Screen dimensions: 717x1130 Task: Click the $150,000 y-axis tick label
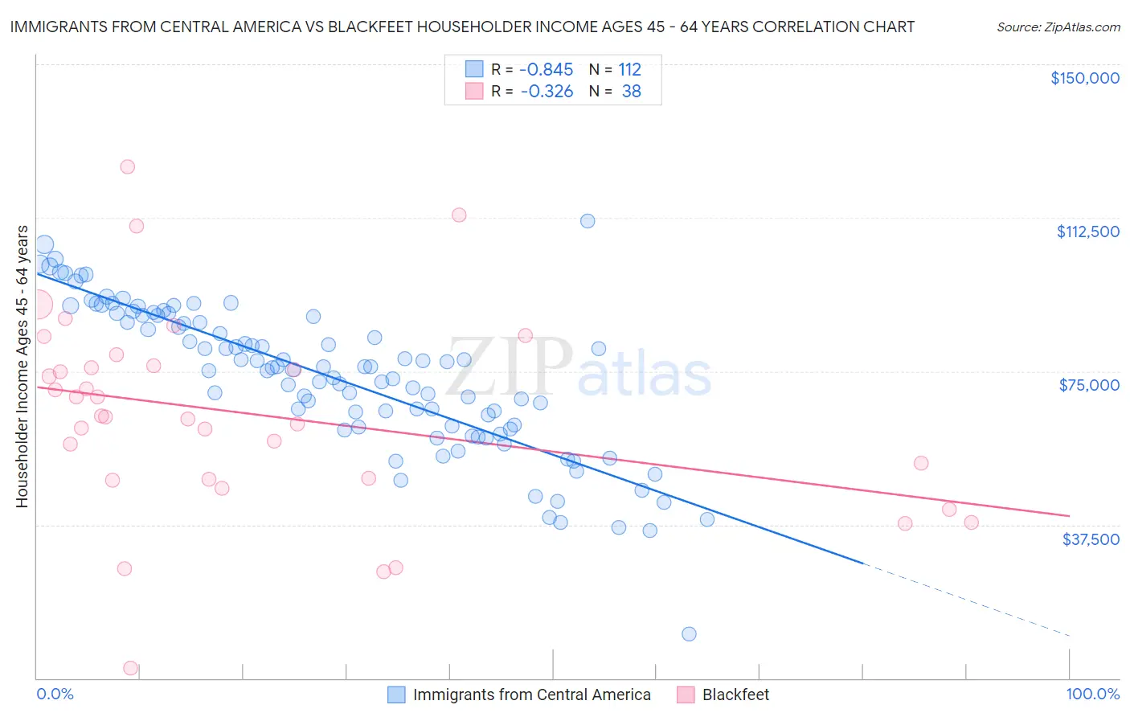pos(1084,78)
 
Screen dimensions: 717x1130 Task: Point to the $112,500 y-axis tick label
pos(1087,231)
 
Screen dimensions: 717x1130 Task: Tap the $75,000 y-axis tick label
pos(1089,385)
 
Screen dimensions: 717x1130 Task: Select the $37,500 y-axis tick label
pos(1090,539)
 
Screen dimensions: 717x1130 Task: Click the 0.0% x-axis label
pos(55,694)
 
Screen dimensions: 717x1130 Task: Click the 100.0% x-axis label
pos(1092,694)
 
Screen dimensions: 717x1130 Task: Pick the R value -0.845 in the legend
pos(546,69)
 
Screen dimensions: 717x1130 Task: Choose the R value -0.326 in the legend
pos(546,91)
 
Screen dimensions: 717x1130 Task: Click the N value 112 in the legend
pos(629,69)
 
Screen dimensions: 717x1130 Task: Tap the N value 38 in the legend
pos(631,91)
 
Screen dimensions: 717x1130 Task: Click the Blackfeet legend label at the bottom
pos(735,694)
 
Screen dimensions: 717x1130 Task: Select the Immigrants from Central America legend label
pos(531,694)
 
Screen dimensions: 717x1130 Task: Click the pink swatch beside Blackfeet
pos(686,694)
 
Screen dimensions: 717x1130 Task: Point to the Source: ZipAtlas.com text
pos(1058,27)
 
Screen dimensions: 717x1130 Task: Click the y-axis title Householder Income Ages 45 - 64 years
pos(22,367)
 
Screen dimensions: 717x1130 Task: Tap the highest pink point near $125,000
pos(127,166)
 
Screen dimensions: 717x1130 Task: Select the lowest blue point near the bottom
pos(689,633)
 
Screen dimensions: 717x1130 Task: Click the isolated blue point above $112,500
pos(588,220)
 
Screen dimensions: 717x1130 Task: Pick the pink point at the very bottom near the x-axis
pos(130,668)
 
